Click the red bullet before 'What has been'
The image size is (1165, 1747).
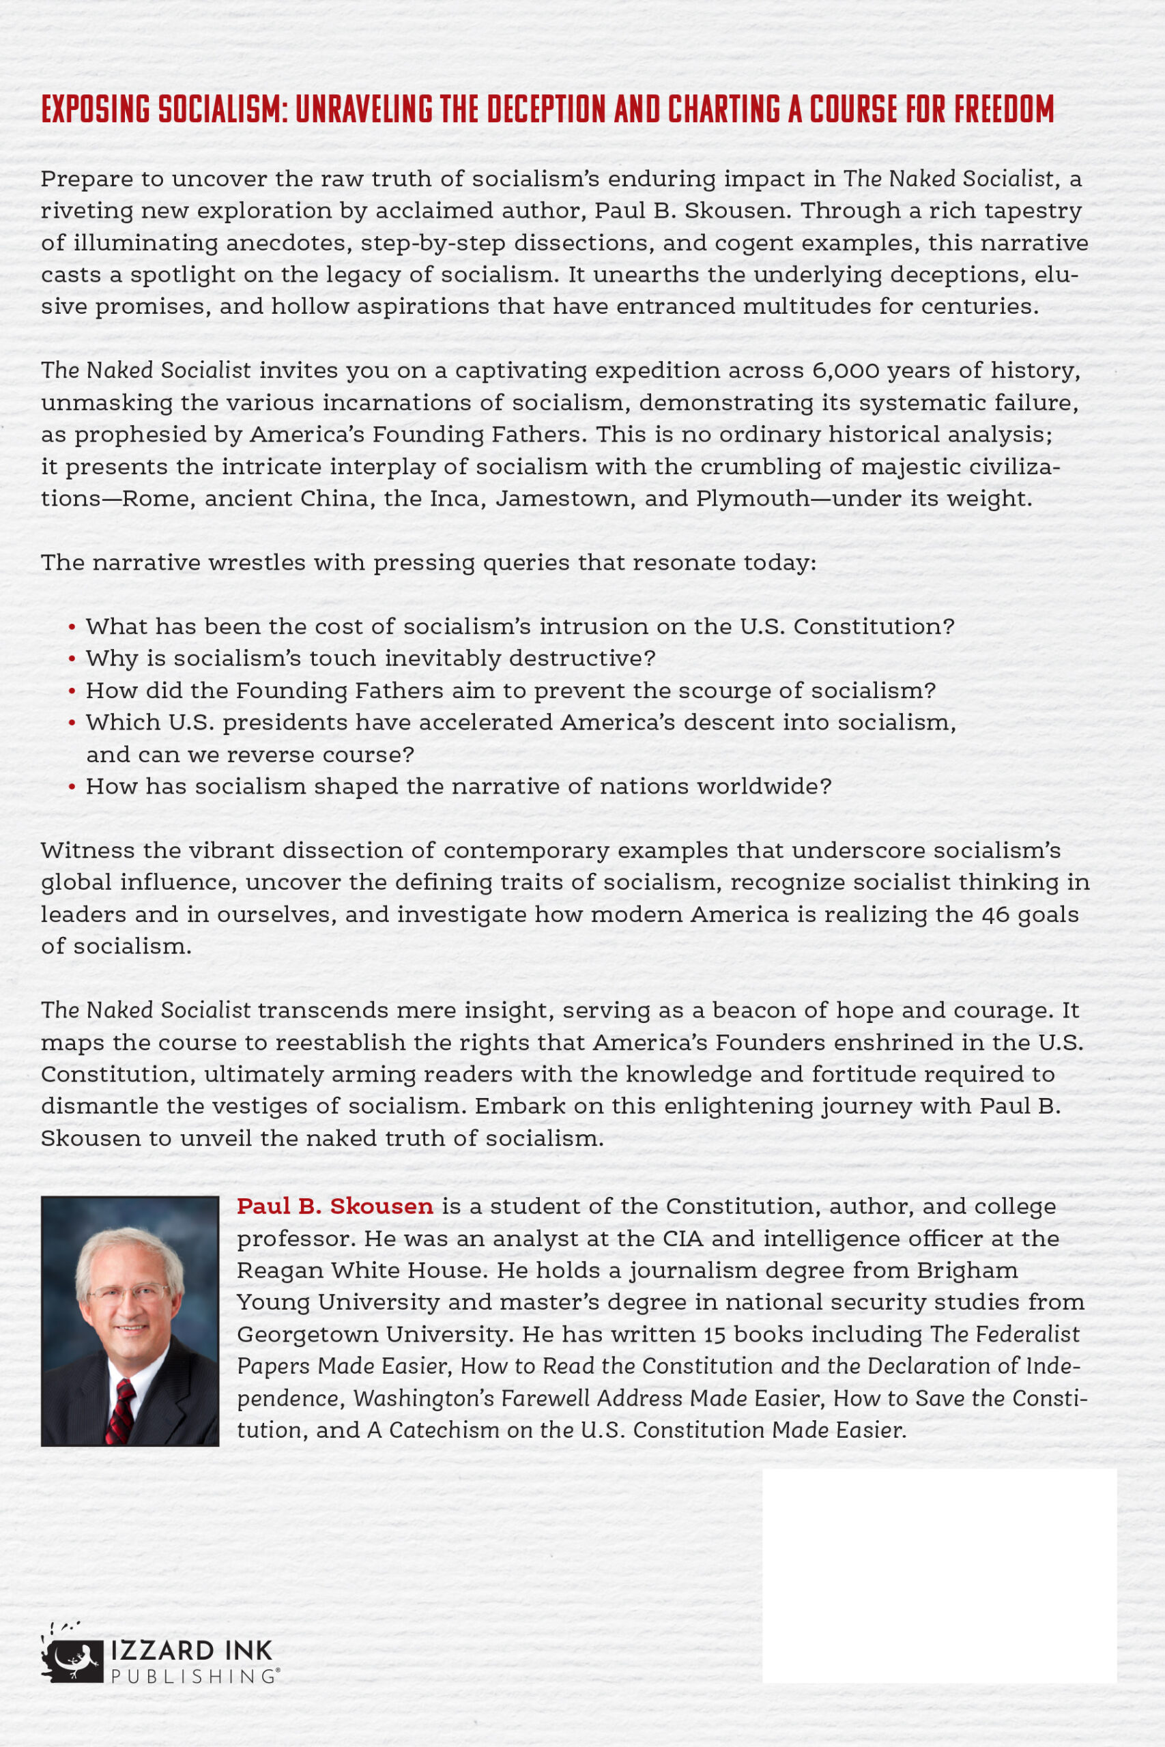(72, 628)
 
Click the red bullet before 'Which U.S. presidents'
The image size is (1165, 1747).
(72, 723)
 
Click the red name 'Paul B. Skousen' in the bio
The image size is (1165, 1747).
(335, 1206)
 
